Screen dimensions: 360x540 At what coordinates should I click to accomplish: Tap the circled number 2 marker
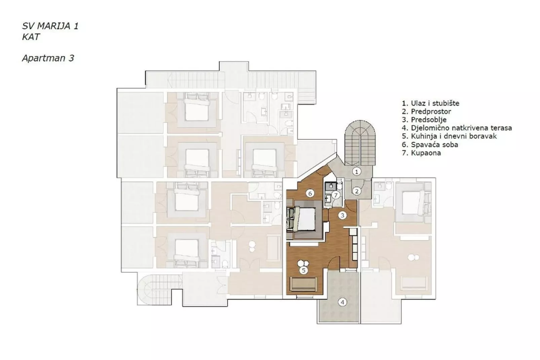(x=356, y=191)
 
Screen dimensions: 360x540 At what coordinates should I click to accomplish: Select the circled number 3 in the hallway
(x=342, y=215)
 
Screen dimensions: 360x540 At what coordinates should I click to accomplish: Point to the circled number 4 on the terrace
(x=342, y=302)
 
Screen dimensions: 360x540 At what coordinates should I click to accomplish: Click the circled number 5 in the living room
(x=303, y=270)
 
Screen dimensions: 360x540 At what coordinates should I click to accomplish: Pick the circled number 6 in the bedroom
(x=310, y=193)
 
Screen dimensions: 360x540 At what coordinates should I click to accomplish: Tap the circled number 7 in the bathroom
(x=335, y=195)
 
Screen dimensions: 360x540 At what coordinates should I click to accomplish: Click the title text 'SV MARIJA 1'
(x=50, y=26)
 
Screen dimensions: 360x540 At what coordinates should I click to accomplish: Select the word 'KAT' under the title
(x=31, y=37)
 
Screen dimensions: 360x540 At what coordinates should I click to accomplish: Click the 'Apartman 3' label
(x=48, y=58)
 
